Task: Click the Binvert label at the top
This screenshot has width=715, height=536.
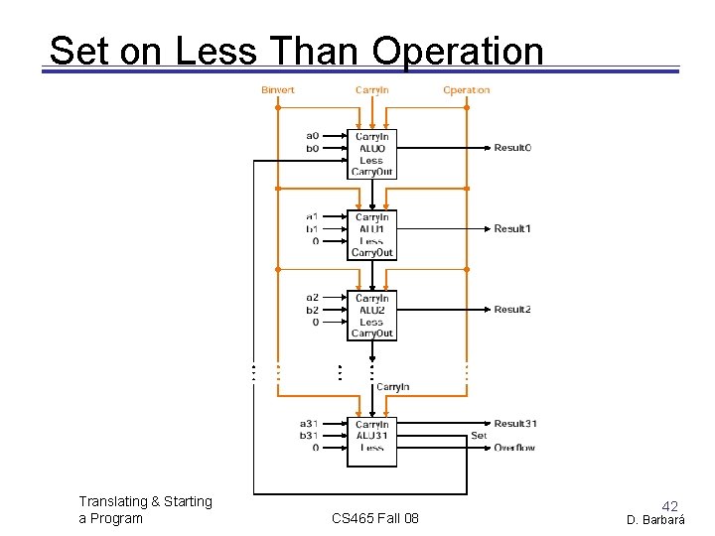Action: click(278, 90)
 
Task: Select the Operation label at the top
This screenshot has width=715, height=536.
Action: click(466, 90)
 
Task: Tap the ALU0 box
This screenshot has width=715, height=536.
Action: click(371, 153)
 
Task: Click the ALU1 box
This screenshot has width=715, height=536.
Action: click(371, 234)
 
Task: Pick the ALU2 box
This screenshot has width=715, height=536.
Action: click(371, 316)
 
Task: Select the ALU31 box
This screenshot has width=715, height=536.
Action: click(371, 441)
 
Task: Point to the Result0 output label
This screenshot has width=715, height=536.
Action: click(512, 148)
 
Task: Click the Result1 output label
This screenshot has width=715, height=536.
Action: click(512, 229)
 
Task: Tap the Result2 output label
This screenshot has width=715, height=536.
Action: click(512, 310)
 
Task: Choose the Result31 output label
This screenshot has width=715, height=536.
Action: click(515, 424)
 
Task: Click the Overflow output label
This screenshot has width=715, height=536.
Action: click(514, 448)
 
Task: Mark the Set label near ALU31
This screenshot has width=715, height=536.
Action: click(479, 436)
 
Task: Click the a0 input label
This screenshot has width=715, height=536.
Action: click(312, 136)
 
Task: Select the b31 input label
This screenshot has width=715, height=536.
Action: click(310, 436)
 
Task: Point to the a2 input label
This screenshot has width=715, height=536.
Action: click(312, 298)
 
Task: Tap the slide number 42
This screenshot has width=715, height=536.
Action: click(670, 506)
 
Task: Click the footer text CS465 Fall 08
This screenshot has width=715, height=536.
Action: click(374, 518)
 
